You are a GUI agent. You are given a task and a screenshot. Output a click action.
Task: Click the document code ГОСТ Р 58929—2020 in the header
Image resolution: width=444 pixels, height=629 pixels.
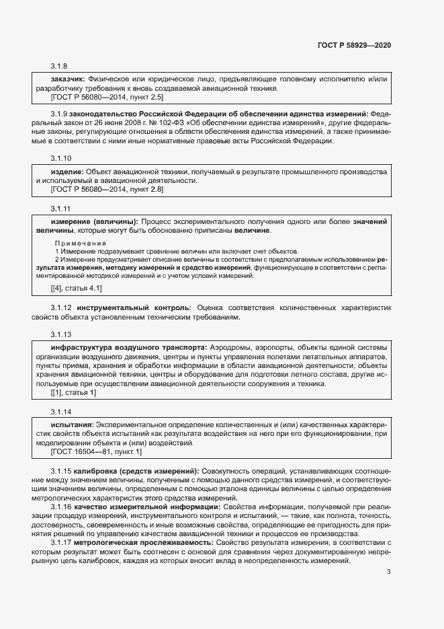coord(353,45)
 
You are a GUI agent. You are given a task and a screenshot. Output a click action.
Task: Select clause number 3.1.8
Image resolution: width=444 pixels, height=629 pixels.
coord(59,67)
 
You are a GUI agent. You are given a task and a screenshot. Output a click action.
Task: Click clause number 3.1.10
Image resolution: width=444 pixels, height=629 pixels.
coord(61,159)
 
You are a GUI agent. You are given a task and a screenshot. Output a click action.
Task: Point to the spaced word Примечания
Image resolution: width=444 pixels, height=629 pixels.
coord(81,242)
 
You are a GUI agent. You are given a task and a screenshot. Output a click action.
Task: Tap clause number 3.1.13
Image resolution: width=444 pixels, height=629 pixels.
coord(61,334)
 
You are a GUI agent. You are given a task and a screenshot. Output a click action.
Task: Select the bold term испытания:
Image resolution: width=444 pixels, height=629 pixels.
coord(73,425)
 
